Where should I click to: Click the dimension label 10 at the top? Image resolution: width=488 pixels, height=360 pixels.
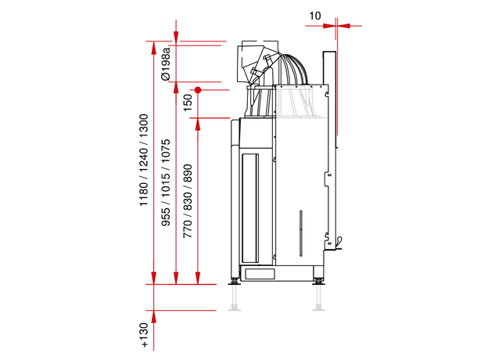coord(314,16)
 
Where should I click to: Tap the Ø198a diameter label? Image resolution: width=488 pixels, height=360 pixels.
coord(166,64)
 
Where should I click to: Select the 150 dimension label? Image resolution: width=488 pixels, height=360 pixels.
coord(188,103)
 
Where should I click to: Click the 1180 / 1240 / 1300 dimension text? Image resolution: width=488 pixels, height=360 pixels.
coord(143,160)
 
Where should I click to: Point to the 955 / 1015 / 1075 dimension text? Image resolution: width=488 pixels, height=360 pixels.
coord(166,182)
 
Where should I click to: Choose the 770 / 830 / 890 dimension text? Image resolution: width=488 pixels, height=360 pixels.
coord(188,201)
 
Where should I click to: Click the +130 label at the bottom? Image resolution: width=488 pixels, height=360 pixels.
coord(144,335)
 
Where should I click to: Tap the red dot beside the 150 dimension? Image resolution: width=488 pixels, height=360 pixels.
coord(198,90)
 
